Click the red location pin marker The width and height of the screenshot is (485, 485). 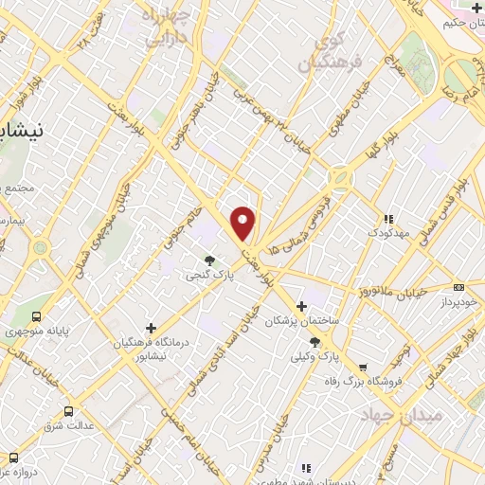tap(243, 222)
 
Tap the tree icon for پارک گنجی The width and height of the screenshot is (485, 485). tap(209, 259)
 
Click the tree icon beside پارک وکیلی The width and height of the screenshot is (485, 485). tap(315, 342)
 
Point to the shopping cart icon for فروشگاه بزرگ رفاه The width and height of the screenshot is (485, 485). tap(362, 367)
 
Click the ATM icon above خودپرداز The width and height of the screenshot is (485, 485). tap(459, 287)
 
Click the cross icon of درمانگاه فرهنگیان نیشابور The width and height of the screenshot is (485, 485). tap(151, 327)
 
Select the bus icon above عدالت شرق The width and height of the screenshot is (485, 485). tap(68, 410)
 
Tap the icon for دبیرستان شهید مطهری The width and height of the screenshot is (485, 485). tap(306, 467)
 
